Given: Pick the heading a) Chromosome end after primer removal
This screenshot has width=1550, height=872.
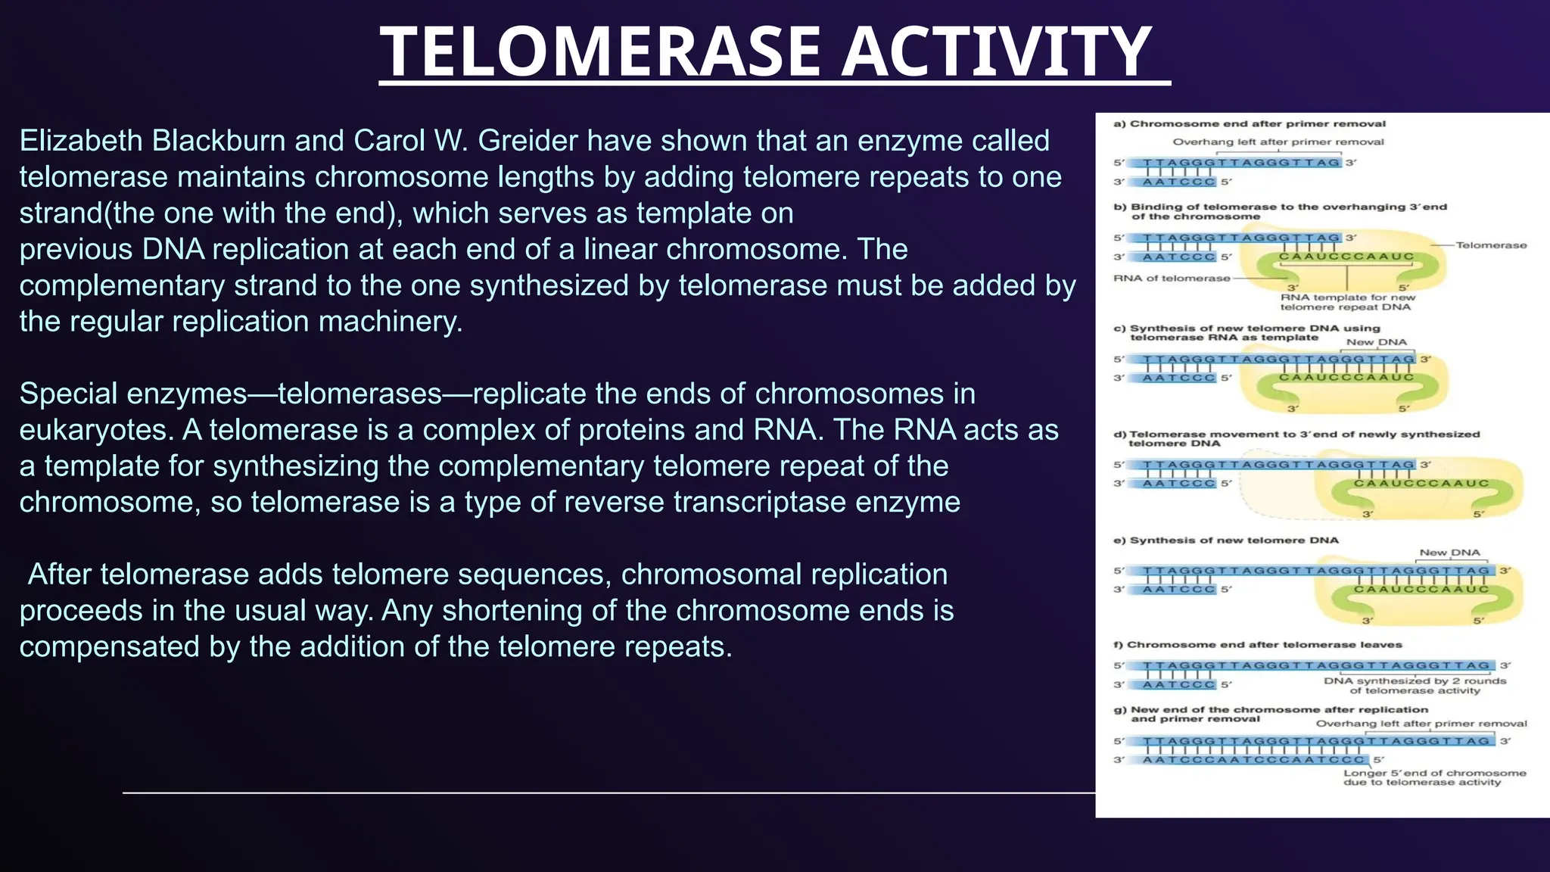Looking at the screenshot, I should coord(1249,123).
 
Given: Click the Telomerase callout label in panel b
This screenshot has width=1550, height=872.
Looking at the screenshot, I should coord(1490,245).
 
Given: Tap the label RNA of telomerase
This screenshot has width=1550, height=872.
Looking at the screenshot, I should coord(1171,279).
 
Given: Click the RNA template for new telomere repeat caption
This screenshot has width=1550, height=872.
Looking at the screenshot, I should coord(1347,302).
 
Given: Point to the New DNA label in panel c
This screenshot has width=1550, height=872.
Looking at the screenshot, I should coord(1376,342).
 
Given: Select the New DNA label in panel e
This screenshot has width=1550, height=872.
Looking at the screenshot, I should coord(1449,553).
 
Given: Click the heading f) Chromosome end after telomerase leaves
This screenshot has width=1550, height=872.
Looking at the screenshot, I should coord(1264,645).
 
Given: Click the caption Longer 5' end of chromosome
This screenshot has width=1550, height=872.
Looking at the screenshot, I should coord(1434,777).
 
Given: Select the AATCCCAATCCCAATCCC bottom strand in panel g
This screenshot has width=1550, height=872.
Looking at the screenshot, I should coord(1253,759).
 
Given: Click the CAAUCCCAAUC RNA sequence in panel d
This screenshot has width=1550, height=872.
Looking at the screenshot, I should coord(1421,483).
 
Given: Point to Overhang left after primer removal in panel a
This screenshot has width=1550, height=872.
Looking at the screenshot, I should coord(1278,142).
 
